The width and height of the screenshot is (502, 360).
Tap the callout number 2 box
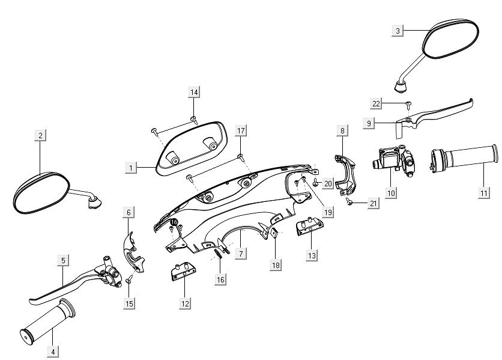(40, 135)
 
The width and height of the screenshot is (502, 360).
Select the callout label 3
(398, 30)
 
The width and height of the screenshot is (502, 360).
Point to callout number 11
(482, 192)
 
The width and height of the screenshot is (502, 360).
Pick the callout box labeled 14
(193, 92)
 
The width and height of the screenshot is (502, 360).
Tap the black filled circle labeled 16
(174, 222)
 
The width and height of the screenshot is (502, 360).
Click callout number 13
(312, 255)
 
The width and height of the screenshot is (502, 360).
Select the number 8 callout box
(342, 130)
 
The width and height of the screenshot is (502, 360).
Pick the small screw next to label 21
(348, 204)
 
